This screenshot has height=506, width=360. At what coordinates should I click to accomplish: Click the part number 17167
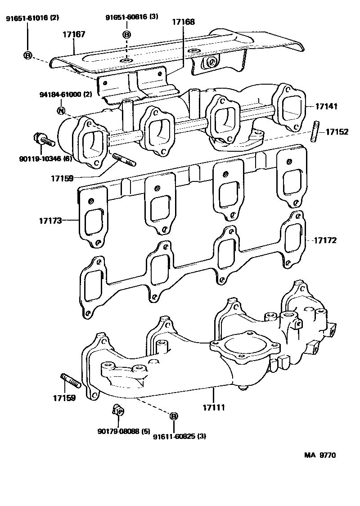[x=74, y=34]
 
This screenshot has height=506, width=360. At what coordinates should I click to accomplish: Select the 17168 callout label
[x=184, y=21]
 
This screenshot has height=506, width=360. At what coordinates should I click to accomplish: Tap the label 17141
[x=326, y=107]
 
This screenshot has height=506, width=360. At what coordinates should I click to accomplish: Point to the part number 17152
[x=337, y=132]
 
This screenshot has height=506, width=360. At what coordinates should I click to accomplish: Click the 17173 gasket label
[x=50, y=220]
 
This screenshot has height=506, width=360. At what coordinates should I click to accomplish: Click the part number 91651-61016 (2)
[x=32, y=18]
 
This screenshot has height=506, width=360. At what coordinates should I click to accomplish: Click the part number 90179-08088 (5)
[x=123, y=431]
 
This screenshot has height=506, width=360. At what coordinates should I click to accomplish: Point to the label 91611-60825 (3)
[x=179, y=436]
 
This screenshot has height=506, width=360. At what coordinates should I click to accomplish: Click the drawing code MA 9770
[x=320, y=455]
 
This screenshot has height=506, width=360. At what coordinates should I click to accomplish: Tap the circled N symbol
[x=61, y=110]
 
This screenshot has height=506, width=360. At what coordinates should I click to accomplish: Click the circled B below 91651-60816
[x=127, y=35]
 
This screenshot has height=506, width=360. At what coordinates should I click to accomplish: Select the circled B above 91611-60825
[x=173, y=416]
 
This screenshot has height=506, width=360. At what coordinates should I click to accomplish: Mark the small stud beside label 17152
[x=315, y=131]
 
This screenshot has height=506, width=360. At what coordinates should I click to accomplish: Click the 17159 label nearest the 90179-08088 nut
[x=64, y=398]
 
